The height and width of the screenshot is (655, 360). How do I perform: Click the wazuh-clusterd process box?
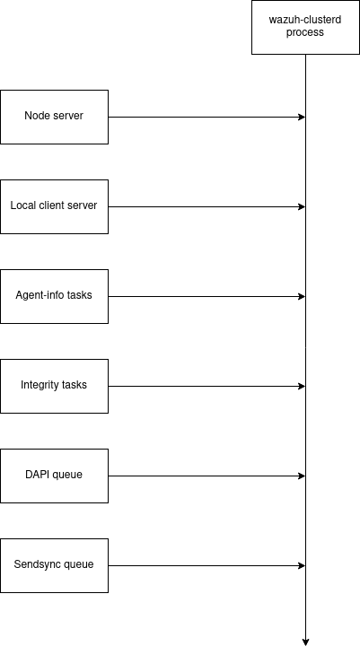coord(305,27)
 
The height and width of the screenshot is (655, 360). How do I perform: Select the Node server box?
coord(54,117)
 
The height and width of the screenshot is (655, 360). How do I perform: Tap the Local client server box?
coord(54,206)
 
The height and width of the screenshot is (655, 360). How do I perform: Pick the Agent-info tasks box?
coord(54,296)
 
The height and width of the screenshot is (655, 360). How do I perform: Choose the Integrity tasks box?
coord(54,386)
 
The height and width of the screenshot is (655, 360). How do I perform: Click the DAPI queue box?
coord(54,476)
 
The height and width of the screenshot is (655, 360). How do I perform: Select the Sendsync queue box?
coord(54,565)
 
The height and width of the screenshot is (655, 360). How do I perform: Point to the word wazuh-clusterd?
coord(305,20)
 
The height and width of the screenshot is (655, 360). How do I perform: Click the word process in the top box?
coord(305,33)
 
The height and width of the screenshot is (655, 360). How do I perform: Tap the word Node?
coord(37,116)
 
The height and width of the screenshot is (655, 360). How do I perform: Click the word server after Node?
coord(67,116)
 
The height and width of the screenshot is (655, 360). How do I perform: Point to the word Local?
coord(23,205)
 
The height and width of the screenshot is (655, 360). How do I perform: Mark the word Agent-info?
coord(40,295)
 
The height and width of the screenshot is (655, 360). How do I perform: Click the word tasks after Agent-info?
coord(80,295)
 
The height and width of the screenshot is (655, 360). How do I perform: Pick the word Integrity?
coord(40,385)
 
